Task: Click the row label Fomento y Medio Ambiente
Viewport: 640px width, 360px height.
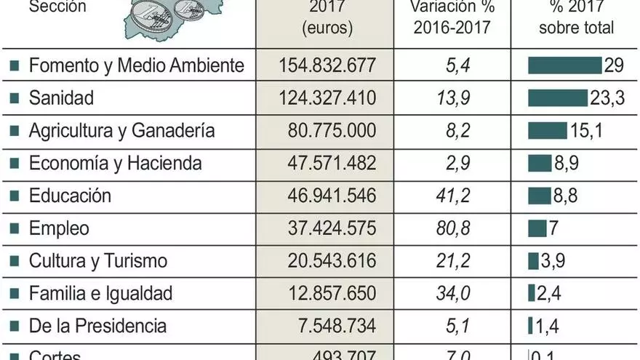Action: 136,65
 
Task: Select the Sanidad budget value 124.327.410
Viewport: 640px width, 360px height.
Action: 327,98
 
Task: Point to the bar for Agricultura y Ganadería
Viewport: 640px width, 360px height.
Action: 547,131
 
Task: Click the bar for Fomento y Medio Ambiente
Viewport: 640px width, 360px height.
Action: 564,65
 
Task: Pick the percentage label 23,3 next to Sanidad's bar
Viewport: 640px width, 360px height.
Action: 607,98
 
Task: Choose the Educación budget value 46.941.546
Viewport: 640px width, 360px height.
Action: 327,196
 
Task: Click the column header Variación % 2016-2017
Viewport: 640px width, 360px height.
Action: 452,17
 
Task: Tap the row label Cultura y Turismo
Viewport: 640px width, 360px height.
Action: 98,261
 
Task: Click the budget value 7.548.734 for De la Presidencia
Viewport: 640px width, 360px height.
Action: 332,326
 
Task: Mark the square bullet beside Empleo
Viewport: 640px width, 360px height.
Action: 15,229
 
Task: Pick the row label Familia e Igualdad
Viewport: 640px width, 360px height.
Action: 100,294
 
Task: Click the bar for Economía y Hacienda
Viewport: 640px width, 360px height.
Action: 540,164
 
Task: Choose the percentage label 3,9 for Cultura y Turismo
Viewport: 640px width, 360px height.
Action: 553,261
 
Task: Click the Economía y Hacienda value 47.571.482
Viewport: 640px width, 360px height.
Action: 327,164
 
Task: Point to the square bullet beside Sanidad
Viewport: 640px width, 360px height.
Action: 15,99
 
